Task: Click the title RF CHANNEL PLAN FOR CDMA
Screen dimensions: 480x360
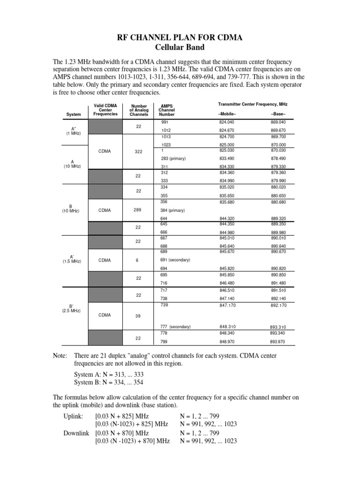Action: [x=180, y=38]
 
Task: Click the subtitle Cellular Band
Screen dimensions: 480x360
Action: [x=180, y=48]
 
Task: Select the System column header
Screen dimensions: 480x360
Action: [x=74, y=114]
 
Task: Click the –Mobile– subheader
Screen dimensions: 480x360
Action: [x=227, y=114]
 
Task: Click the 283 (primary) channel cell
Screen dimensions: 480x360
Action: [x=173, y=158]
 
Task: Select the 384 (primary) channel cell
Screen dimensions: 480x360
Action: [x=173, y=210]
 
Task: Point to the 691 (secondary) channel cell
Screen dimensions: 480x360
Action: [x=175, y=260]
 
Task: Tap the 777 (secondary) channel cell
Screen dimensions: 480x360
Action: [x=175, y=326]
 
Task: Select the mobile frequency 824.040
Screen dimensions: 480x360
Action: [x=227, y=122]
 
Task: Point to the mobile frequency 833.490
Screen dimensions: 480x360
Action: [x=227, y=158]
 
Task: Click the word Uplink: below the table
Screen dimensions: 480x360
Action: [x=74, y=416]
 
